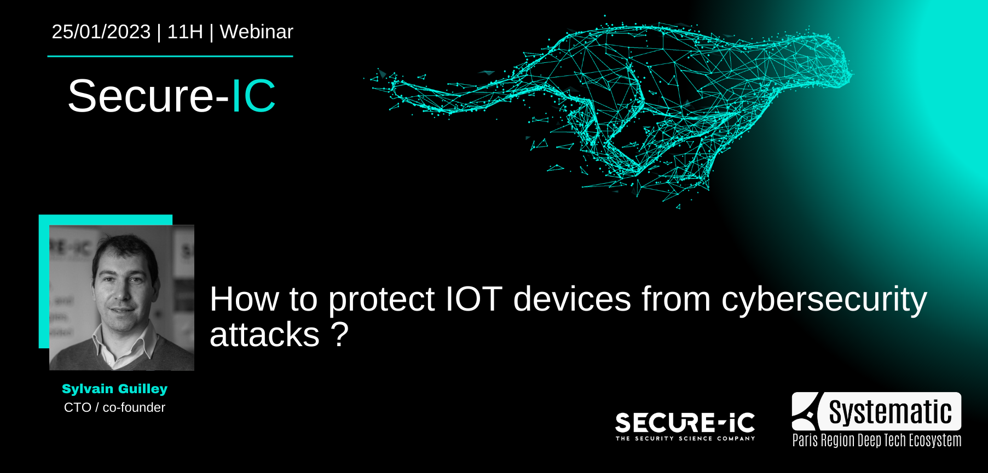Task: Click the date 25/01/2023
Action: pyautogui.click(x=101, y=32)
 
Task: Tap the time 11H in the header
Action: pyautogui.click(x=185, y=32)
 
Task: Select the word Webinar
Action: pyautogui.click(x=256, y=32)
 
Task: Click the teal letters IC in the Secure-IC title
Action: pyautogui.click(x=253, y=96)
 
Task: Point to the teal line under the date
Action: pyautogui.click(x=170, y=56)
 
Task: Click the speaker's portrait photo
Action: pyautogui.click(x=122, y=297)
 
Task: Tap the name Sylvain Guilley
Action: pyautogui.click(x=114, y=389)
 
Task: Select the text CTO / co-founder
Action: pyautogui.click(x=114, y=407)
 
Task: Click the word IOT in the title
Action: pyautogui.click(x=473, y=299)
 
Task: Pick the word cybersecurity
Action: pyautogui.click(x=824, y=300)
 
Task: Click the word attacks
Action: pyautogui.click(x=264, y=335)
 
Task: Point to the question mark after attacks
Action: pyautogui.click(x=340, y=334)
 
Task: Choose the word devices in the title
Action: pyautogui.click(x=572, y=299)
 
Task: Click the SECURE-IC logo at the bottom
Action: pyautogui.click(x=685, y=423)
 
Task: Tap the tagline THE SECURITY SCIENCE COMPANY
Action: pyautogui.click(x=685, y=439)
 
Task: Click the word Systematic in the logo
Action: pyautogui.click(x=890, y=412)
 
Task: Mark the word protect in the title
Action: pyautogui.click(x=381, y=300)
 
